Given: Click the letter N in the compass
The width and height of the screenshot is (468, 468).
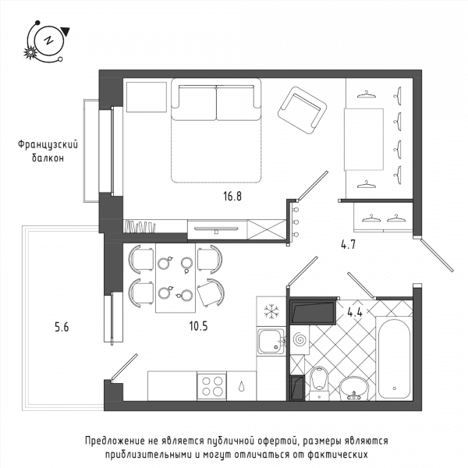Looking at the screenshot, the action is [x=48, y=40].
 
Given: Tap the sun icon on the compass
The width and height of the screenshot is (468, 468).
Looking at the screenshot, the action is [x=30, y=53].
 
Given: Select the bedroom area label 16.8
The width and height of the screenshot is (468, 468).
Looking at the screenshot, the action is [x=232, y=197].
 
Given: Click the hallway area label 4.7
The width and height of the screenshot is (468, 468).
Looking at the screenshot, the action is [x=348, y=245].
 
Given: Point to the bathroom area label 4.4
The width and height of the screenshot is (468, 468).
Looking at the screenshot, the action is [x=355, y=313].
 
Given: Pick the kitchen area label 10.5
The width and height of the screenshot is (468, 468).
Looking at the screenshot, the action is [x=198, y=326].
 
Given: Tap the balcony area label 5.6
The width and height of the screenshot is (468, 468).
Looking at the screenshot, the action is [x=62, y=328].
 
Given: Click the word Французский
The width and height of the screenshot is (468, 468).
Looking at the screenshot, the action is [x=48, y=145].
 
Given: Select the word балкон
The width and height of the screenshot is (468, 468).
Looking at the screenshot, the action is [x=48, y=158].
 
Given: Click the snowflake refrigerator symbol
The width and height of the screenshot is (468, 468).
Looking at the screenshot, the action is [x=271, y=311].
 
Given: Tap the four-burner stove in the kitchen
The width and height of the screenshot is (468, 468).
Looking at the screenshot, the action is [x=211, y=386].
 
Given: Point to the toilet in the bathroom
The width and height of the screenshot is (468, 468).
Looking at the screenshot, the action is [x=319, y=384].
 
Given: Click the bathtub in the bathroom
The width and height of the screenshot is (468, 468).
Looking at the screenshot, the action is [x=394, y=359].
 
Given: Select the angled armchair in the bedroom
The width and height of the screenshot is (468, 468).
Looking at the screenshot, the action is [x=302, y=111].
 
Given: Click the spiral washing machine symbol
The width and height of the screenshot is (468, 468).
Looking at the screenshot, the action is [x=300, y=340].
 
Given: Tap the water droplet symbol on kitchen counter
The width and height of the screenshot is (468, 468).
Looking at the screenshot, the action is [x=241, y=387].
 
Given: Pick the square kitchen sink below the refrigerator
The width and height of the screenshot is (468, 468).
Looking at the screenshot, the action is [x=271, y=341].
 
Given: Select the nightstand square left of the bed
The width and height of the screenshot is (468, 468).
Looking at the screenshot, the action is [x=147, y=97].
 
